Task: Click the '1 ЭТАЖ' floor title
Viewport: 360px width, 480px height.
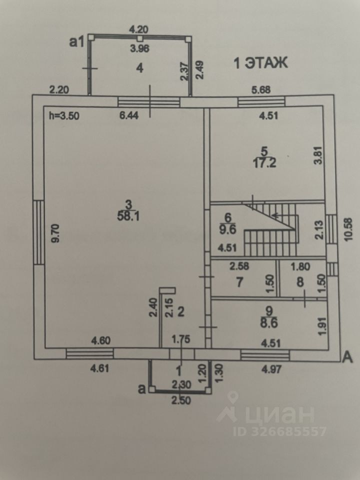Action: (x=261, y=63)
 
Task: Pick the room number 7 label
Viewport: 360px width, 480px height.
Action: (x=239, y=282)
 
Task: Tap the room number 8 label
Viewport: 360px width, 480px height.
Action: (x=300, y=282)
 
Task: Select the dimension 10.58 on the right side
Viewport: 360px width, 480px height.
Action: (x=349, y=228)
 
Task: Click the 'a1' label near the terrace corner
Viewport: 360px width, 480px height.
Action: (x=76, y=42)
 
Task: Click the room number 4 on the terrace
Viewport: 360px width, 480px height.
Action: (x=140, y=68)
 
